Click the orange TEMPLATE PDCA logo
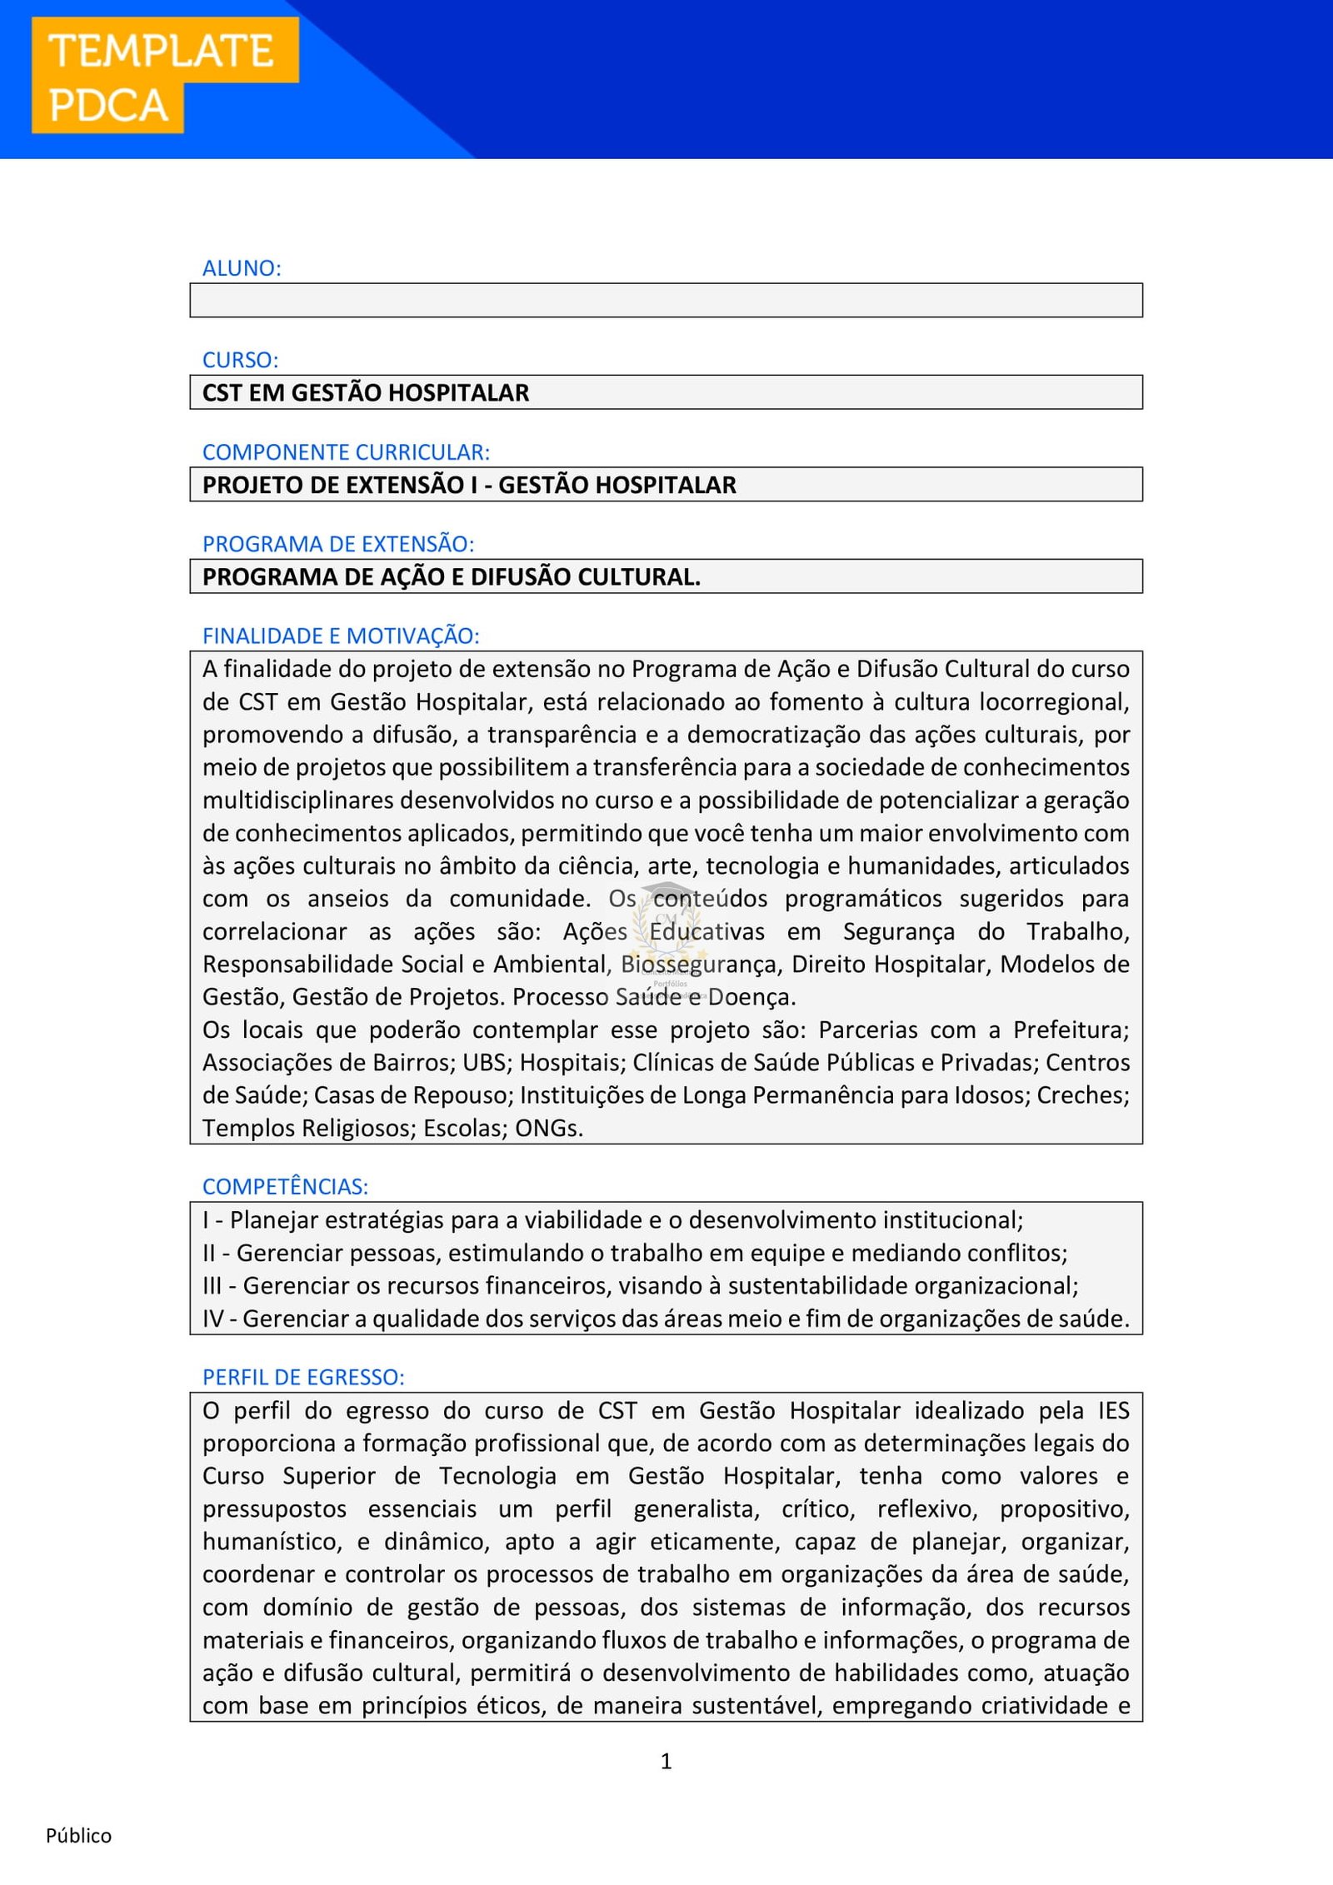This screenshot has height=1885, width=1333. click(164, 77)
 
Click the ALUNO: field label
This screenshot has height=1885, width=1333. click(242, 268)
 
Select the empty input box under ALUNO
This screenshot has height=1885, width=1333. click(666, 300)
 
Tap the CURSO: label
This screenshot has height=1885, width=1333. click(240, 360)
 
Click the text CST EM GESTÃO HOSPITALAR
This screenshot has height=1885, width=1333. click(366, 392)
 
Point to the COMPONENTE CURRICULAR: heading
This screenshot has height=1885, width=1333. click(346, 452)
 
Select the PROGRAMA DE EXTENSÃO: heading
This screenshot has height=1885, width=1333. click(337, 544)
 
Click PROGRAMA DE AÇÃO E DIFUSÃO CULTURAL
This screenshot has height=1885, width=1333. click(451, 576)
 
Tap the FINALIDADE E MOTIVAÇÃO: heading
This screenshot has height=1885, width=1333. click(341, 636)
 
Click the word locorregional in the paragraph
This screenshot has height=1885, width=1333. click(1054, 702)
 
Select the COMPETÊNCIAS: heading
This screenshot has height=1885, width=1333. click(285, 1186)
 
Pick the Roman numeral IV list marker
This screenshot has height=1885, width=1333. click(212, 1319)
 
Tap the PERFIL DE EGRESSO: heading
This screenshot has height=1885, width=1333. click(303, 1377)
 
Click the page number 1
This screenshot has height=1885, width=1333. click(666, 1761)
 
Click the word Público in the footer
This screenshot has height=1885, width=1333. click(78, 1836)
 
